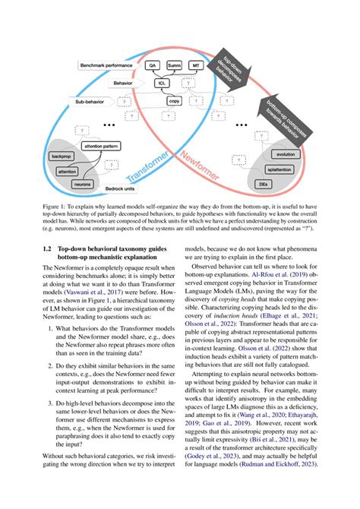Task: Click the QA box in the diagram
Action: point(153,67)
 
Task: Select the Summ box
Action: point(175,67)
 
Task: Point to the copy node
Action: point(174,100)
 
